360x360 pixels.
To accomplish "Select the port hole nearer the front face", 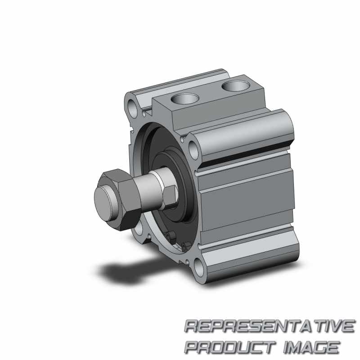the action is pos(185,99).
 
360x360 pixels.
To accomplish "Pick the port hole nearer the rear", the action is pos(236,85).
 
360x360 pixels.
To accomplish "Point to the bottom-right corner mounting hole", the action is pos(198,267).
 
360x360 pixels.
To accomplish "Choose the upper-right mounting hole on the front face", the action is pos(193,150).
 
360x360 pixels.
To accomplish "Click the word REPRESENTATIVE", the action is pos(270,326).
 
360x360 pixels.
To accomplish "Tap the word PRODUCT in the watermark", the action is pos(230,347).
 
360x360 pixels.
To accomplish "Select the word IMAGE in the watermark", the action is pos(311,347).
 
